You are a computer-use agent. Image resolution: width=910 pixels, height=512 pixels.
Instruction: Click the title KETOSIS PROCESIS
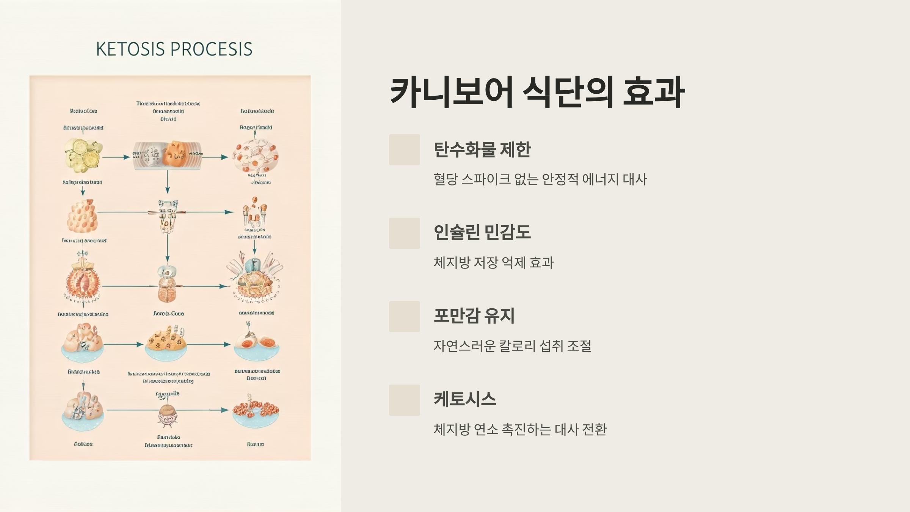tap(174, 49)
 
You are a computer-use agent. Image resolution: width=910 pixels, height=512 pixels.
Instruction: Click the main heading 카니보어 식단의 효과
tap(537, 92)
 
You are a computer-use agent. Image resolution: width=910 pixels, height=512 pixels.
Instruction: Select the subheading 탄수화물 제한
tap(482, 149)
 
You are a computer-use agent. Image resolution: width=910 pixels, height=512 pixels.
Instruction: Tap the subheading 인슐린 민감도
tap(482, 232)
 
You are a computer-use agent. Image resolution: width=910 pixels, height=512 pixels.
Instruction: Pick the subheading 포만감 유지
tap(474, 316)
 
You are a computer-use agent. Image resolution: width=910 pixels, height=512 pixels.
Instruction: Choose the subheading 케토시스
tap(465, 399)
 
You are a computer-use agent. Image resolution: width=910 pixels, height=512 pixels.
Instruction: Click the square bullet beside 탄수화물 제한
tap(404, 150)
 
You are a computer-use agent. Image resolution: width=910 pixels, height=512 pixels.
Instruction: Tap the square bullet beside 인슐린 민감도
tap(404, 233)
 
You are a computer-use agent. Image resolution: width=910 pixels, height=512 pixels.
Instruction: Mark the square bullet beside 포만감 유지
tap(404, 317)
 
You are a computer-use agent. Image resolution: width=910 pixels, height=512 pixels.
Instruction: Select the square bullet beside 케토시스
tap(404, 400)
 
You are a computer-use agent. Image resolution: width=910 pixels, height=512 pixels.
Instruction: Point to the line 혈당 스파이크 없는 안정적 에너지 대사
tap(540, 179)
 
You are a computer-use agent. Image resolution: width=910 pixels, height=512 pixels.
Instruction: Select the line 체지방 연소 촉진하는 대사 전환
tap(520, 430)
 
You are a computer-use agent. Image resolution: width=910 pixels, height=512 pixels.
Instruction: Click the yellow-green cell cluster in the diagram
tap(83, 154)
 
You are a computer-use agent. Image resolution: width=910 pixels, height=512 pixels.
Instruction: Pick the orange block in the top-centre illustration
tap(175, 154)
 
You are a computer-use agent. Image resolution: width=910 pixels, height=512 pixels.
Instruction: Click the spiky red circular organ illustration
tap(83, 283)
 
